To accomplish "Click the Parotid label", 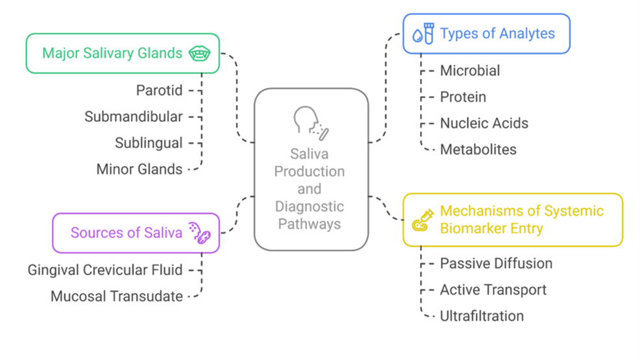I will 159,90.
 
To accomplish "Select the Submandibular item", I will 133,117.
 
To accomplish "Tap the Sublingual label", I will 149,143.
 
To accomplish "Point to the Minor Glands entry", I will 139,169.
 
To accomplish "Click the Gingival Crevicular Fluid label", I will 105,270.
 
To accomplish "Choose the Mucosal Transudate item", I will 116,296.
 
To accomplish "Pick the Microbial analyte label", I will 470,71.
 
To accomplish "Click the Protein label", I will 463,97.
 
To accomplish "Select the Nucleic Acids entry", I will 484,123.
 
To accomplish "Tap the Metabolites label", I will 478,150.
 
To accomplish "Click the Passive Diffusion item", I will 496,263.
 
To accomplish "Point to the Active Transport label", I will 493,290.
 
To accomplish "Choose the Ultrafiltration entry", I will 482,317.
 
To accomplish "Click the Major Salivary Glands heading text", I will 112,53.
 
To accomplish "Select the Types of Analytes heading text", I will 497,34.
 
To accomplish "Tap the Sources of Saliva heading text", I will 126,233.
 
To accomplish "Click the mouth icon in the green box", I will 199,53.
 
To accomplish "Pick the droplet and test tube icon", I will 423,34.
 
